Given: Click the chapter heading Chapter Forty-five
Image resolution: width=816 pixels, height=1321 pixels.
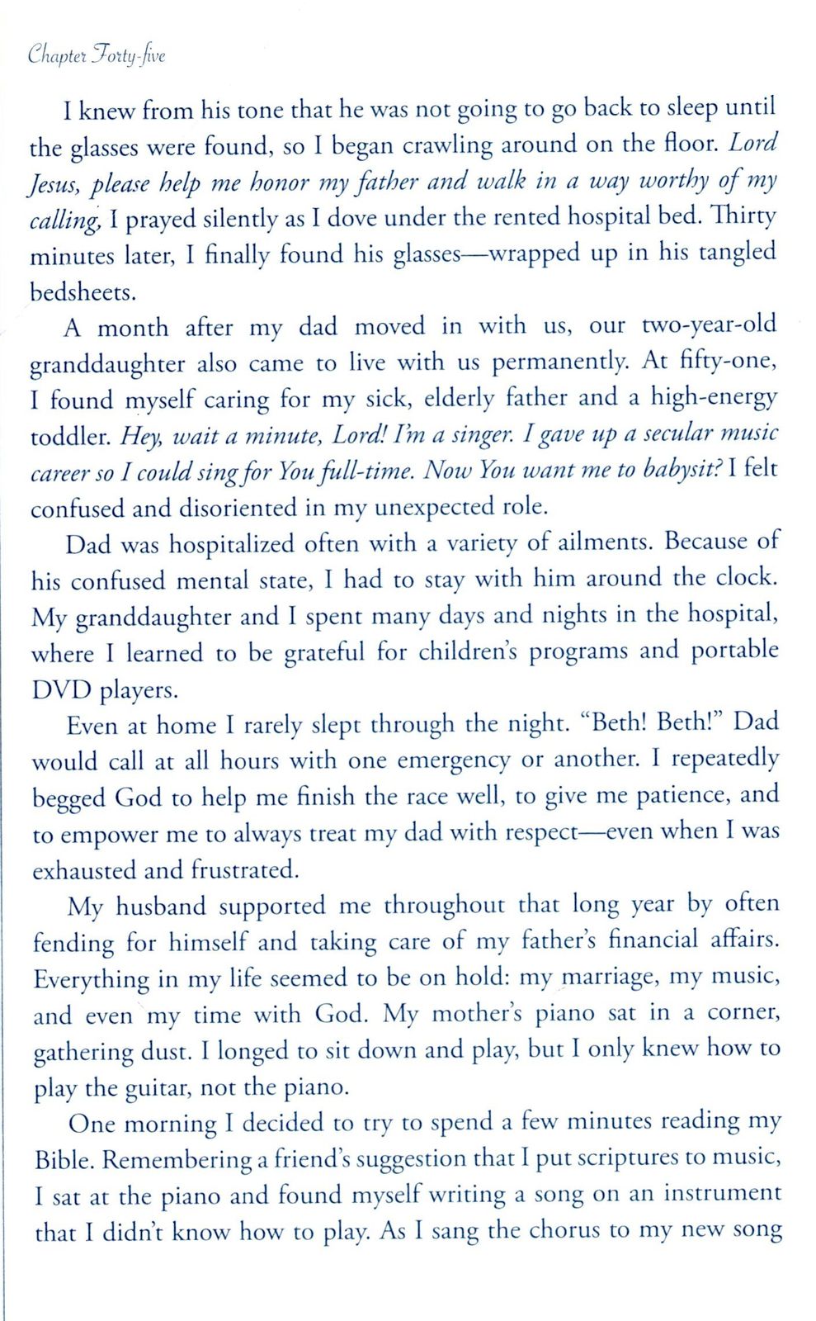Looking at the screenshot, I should coord(97,56).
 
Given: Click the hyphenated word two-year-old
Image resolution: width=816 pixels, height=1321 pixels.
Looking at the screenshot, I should coord(709,324).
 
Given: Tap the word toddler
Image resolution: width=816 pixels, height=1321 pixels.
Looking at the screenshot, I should coord(70,436).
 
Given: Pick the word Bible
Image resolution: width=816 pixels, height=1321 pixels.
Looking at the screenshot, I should coord(64,1160).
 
